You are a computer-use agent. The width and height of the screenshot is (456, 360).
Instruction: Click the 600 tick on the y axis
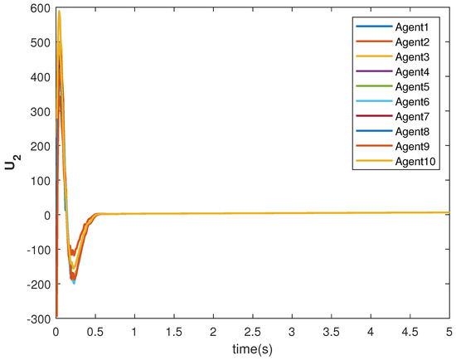[x=39, y=8]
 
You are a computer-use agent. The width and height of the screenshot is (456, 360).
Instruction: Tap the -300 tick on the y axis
[x=37, y=319]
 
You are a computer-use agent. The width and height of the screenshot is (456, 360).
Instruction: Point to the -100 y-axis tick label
[x=37, y=250]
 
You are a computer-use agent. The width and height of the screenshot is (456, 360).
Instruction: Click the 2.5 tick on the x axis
[x=252, y=329]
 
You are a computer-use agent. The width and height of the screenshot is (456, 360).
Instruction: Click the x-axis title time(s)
[x=252, y=344]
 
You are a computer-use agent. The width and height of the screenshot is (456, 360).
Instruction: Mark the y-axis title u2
[x=11, y=164]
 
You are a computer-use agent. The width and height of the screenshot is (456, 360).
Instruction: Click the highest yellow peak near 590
[x=59, y=12]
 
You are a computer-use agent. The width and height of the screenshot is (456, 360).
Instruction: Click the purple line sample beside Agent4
[x=368, y=71]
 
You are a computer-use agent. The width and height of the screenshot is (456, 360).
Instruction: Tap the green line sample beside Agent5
[x=368, y=86]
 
